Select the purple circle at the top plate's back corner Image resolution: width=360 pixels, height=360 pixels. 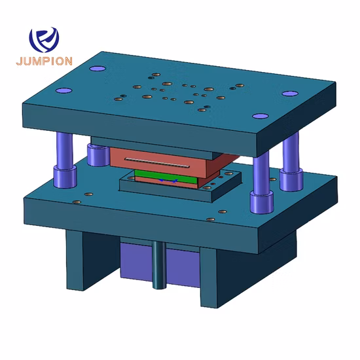pyautogui.click(x=98, y=67)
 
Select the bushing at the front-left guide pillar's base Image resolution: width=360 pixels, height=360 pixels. pyautogui.click(x=64, y=175)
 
